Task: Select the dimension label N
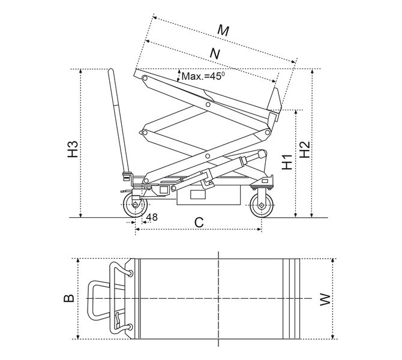[214, 53]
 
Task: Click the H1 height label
[287, 162]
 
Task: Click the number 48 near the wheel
[152, 217]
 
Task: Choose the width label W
[325, 298]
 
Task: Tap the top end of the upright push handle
[111, 73]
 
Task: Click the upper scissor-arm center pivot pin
[208, 105]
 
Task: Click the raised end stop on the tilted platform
[276, 100]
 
